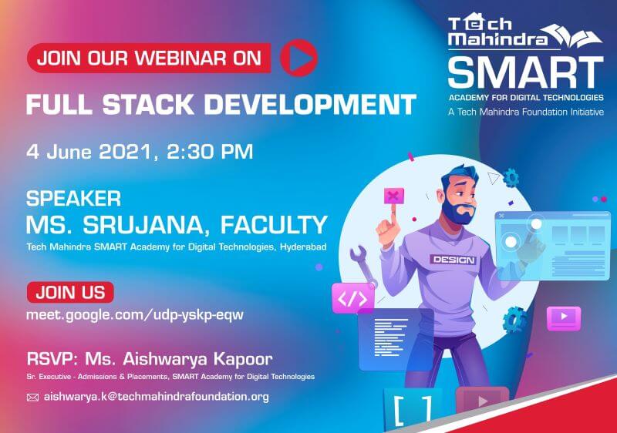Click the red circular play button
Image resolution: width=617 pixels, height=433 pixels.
[298, 58]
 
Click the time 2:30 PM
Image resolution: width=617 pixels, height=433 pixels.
[210, 152]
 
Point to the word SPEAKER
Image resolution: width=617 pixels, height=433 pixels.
[73, 199]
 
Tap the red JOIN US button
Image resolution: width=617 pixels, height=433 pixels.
[70, 292]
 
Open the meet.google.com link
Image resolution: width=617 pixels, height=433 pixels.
[135, 315]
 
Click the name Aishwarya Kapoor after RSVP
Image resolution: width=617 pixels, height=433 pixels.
[198, 359]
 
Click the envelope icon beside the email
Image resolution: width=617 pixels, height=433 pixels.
[32, 398]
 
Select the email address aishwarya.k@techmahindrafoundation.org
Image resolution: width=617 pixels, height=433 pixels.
[157, 397]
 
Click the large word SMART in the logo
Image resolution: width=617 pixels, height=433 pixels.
[526, 72]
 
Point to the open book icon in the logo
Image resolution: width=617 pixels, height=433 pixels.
[576, 35]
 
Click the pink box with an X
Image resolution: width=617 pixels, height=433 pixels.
[394, 196]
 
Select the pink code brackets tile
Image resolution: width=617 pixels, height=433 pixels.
[353, 298]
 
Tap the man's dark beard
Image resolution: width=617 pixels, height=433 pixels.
[457, 210]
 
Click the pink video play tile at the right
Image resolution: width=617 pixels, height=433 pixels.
[564, 317]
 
